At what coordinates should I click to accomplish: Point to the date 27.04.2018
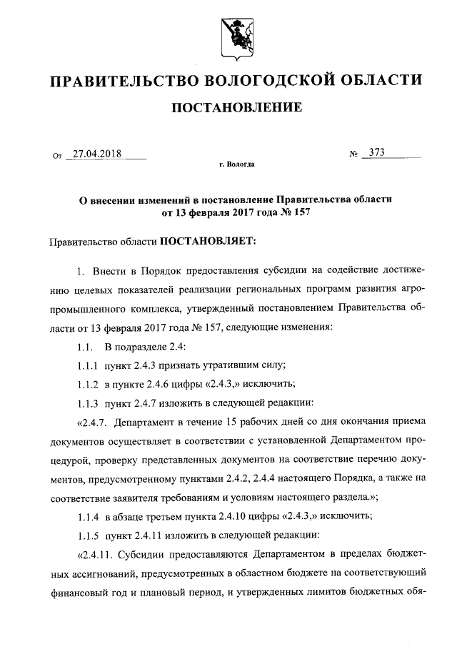pos(96,153)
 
